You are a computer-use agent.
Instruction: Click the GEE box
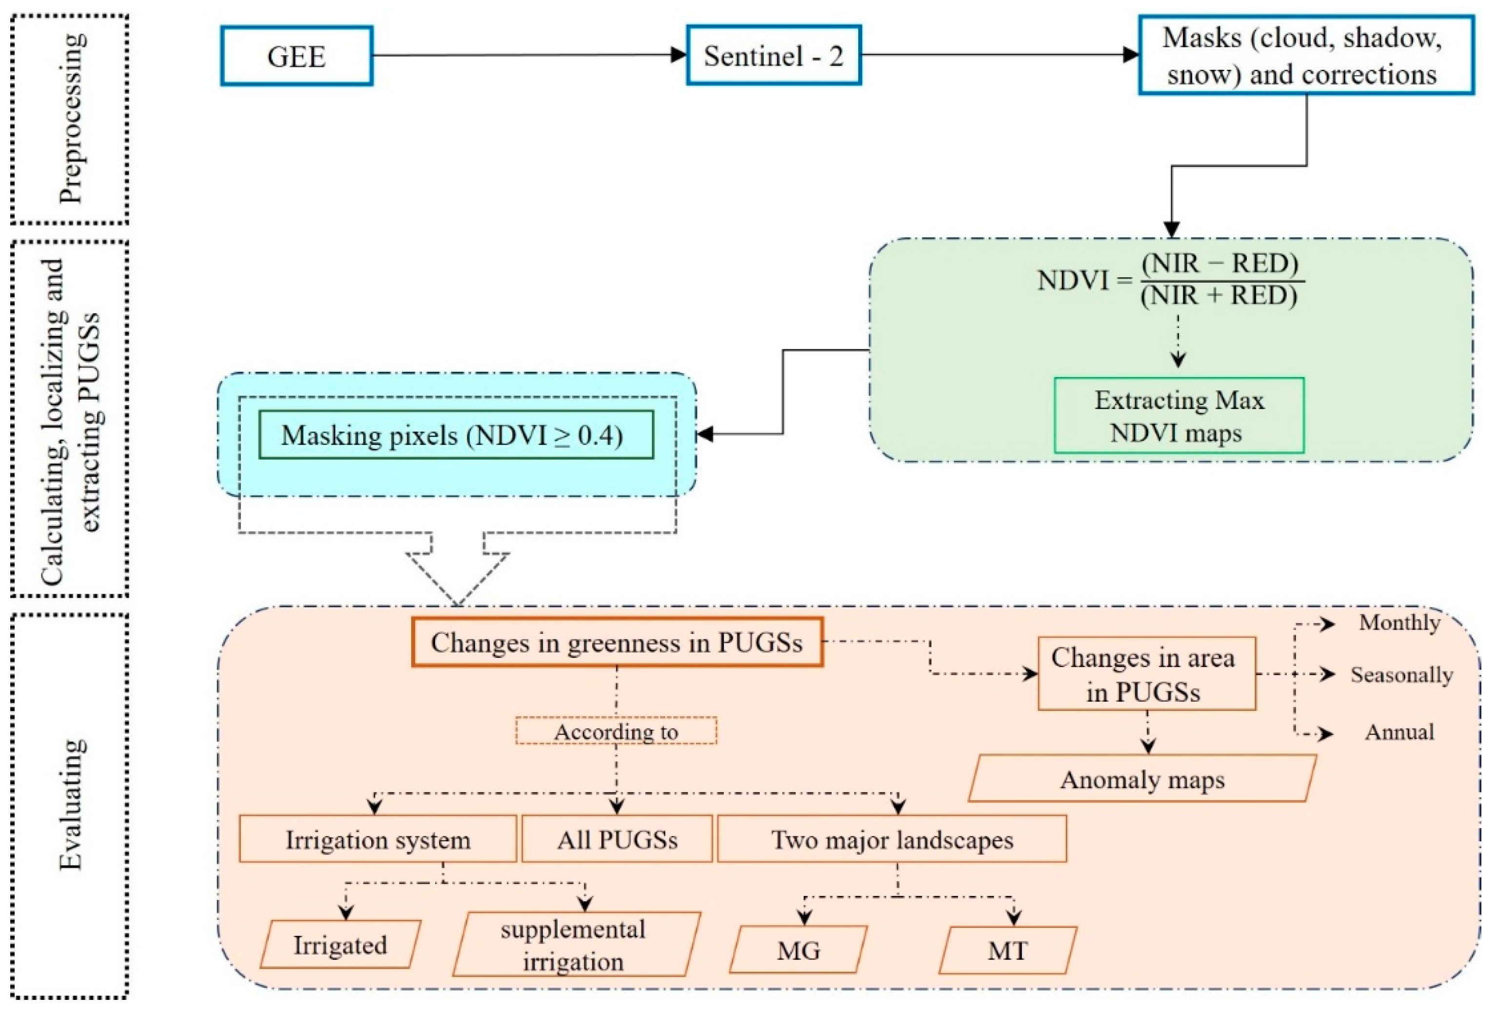(296, 56)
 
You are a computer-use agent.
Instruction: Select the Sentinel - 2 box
(774, 56)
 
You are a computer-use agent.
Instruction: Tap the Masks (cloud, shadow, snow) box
(1306, 56)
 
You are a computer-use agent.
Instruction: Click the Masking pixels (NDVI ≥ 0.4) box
(456, 435)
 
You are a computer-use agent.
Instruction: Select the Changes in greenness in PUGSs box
(617, 642)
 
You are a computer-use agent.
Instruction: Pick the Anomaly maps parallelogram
(1141, 779)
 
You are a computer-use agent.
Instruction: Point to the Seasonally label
(1401, 674)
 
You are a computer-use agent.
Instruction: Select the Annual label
(1399, 732)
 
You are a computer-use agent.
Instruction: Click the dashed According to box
(616, 731)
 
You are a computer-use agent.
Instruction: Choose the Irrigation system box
(378, 839)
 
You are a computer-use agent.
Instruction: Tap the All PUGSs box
(617, 839)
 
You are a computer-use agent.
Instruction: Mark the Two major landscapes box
(892, 839)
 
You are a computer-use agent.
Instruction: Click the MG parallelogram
(798, 950)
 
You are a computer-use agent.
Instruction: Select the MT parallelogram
(1007, 950)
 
